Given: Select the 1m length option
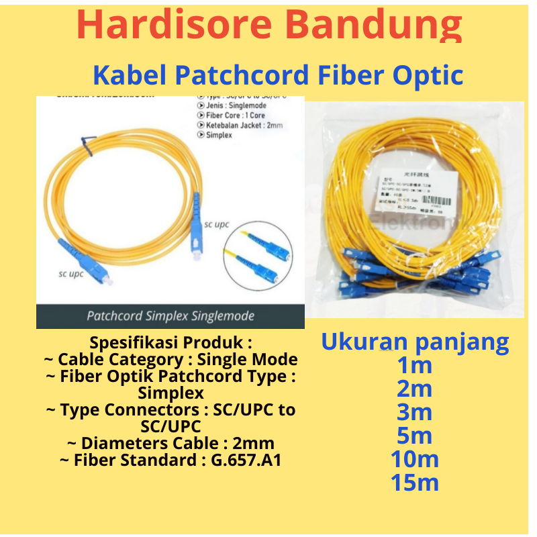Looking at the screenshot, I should click(x=414, y=366).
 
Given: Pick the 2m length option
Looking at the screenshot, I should click(x=414, y=389).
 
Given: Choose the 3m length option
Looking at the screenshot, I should click(x=414, y=413).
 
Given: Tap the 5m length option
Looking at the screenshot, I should click(x=414, y=436).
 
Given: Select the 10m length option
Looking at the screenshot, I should click(x=414, y=460).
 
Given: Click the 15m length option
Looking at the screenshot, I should click(x=414, y=483).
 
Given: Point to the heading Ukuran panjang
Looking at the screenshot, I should click(x=415, y=342).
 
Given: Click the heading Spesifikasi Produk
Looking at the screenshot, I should click(x=170, y=343).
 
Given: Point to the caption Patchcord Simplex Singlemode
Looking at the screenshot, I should click(x=170, y=315).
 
